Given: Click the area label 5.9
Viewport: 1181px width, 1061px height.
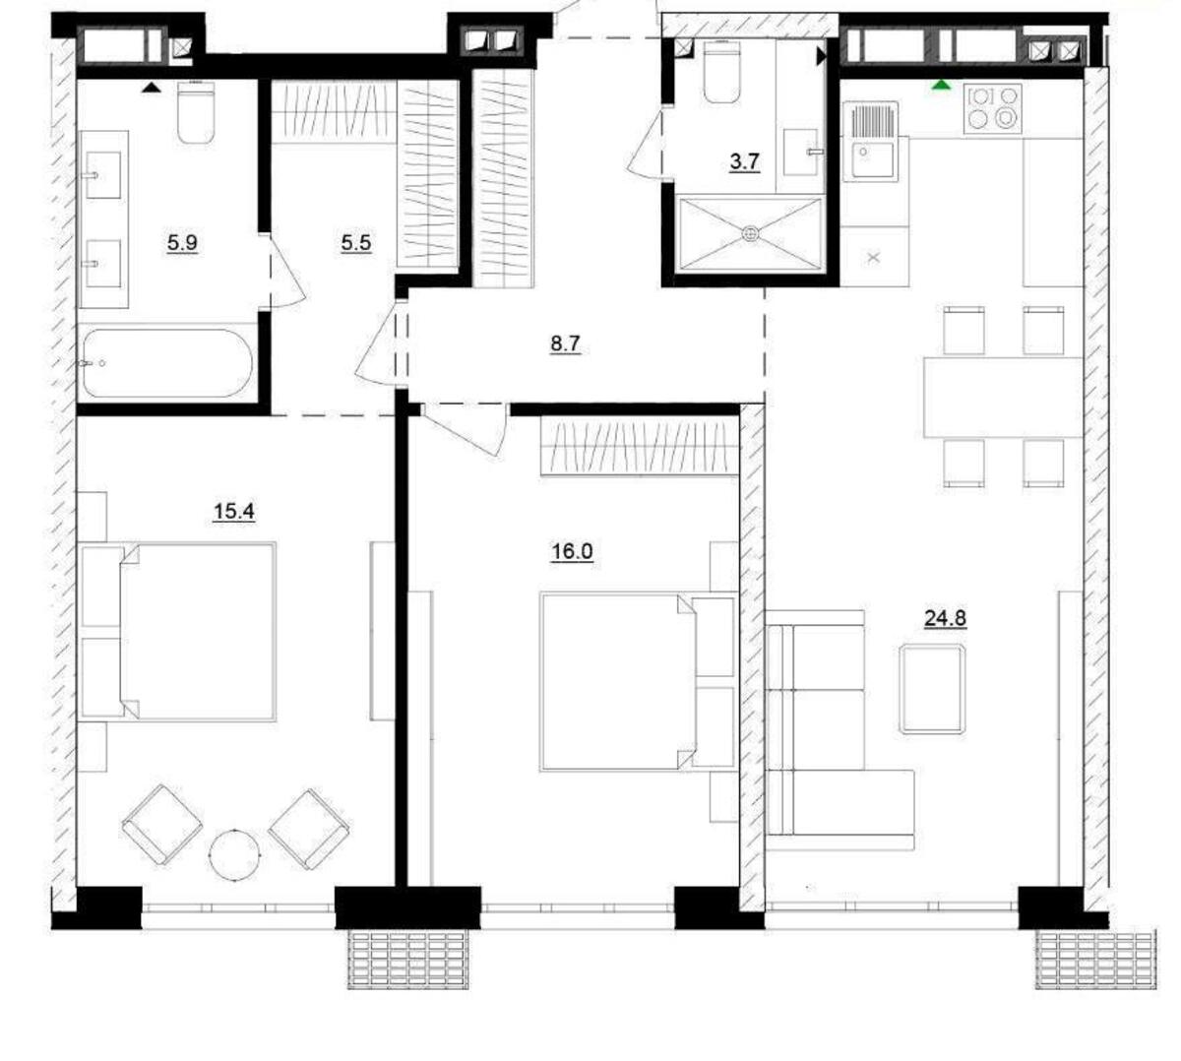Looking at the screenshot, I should pos(182,242).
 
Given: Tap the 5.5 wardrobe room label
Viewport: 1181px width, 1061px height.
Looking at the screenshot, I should pos(355,242).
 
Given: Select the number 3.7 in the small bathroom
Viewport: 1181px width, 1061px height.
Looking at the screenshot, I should pos(744,161).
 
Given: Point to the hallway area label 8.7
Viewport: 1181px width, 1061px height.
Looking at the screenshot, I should pos(565,343).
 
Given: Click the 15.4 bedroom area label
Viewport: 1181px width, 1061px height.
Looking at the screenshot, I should pos(233,511).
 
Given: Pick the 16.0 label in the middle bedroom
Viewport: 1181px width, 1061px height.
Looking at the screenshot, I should pos(572,551).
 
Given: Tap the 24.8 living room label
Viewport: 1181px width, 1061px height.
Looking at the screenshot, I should pos(945,618).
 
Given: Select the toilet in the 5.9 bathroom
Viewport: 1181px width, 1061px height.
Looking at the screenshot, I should pos(195,111).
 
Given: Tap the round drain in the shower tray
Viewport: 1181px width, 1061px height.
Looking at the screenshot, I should pos(751,233).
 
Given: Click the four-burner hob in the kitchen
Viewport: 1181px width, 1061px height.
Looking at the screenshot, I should pos(993,107).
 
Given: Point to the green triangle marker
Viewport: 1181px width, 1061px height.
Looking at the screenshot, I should pos(942,86).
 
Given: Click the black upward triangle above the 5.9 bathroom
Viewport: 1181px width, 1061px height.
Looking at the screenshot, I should pos(150,88).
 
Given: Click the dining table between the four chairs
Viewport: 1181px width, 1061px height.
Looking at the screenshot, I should pos(1003,398).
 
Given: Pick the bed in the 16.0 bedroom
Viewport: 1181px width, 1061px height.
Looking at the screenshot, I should pos(620,680).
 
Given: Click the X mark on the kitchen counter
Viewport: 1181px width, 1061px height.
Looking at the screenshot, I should pos(874,258).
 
